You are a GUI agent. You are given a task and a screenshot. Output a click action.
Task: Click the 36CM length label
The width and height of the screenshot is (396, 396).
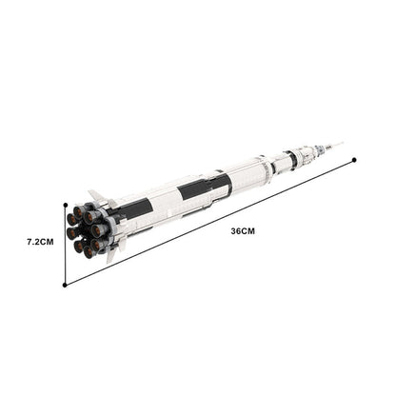pos(243,231)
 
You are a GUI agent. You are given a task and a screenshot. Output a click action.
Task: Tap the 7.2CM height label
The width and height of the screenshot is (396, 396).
pos(40,242)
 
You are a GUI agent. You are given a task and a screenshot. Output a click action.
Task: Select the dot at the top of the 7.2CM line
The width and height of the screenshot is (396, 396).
pos(66,206)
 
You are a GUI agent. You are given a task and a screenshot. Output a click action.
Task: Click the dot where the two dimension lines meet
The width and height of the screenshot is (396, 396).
pos(65,286)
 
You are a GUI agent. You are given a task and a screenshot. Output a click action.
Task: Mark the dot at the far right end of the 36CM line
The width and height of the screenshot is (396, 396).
pos(354,160)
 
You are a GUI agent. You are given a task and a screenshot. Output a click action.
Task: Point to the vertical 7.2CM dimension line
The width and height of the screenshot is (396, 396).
pos(65,246)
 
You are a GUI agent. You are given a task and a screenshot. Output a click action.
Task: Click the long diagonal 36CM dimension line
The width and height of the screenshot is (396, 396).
pos(209,223)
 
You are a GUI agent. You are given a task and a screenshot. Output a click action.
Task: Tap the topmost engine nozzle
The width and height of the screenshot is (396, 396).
pos(78,211)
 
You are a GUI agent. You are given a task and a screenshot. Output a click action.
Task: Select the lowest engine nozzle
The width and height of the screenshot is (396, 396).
pos(89,252)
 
